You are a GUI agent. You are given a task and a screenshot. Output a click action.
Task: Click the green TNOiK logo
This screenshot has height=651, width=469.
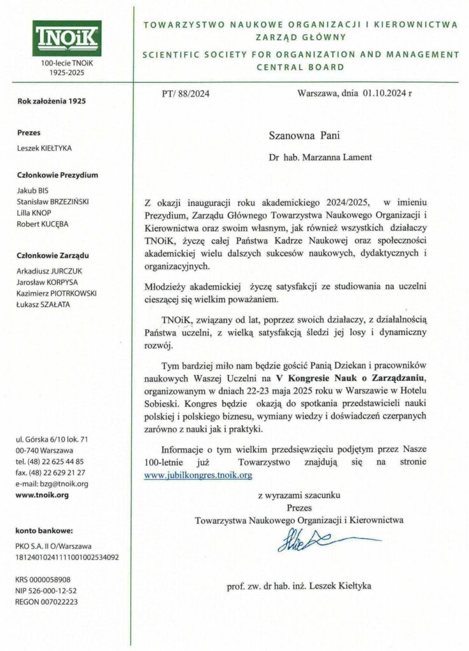67,39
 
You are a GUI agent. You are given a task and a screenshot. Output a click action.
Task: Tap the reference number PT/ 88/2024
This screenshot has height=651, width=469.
186,94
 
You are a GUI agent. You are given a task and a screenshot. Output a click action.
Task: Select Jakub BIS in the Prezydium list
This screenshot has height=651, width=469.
32,190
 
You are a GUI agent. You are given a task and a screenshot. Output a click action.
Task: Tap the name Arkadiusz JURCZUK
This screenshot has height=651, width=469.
48,271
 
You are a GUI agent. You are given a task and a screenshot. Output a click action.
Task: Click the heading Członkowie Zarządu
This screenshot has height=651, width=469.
52,256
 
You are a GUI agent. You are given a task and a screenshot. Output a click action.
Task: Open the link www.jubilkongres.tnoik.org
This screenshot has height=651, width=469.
199,474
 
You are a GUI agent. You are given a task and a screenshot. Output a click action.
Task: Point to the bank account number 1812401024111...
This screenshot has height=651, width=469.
67,557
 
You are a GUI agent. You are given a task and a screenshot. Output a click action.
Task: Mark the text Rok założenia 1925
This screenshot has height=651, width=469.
52,101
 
